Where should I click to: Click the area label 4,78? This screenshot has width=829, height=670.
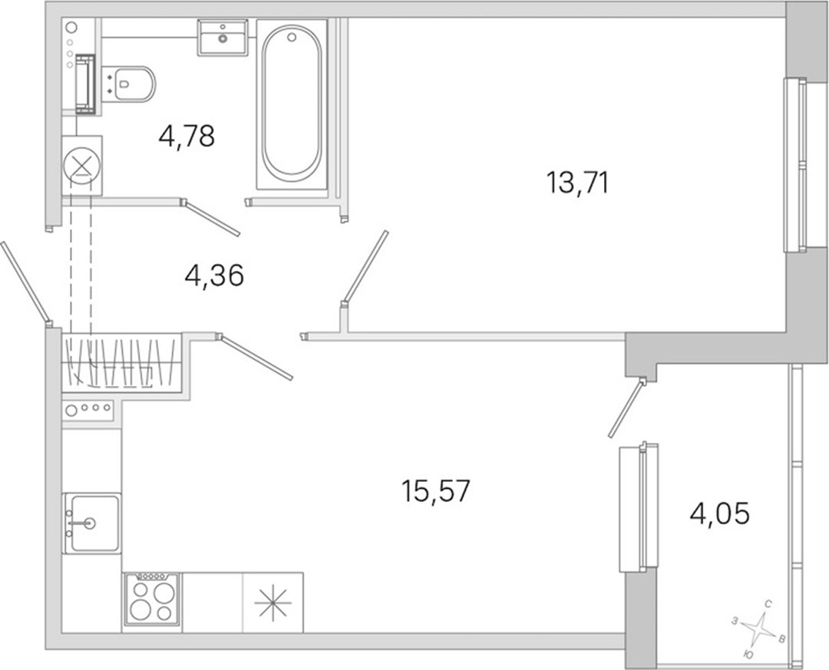pos(187,136)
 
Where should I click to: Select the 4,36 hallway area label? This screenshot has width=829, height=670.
pos(214,276)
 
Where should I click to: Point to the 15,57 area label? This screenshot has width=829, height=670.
pos(436,491)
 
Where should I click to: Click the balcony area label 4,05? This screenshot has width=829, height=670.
pos(719,513)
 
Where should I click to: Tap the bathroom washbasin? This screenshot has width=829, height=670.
pos(223,38)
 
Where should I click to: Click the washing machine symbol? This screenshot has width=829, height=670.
pos(82,166)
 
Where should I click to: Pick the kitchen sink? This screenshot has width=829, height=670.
pos(91,523)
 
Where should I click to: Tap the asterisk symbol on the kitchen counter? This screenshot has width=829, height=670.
pos(272,602)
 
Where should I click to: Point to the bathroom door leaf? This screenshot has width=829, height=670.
pos(211,217)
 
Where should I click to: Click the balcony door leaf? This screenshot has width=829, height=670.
pos(626,408)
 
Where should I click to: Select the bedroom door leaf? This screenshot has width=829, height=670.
pos(365,268)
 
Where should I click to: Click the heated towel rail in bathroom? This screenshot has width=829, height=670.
pos(84,84)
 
